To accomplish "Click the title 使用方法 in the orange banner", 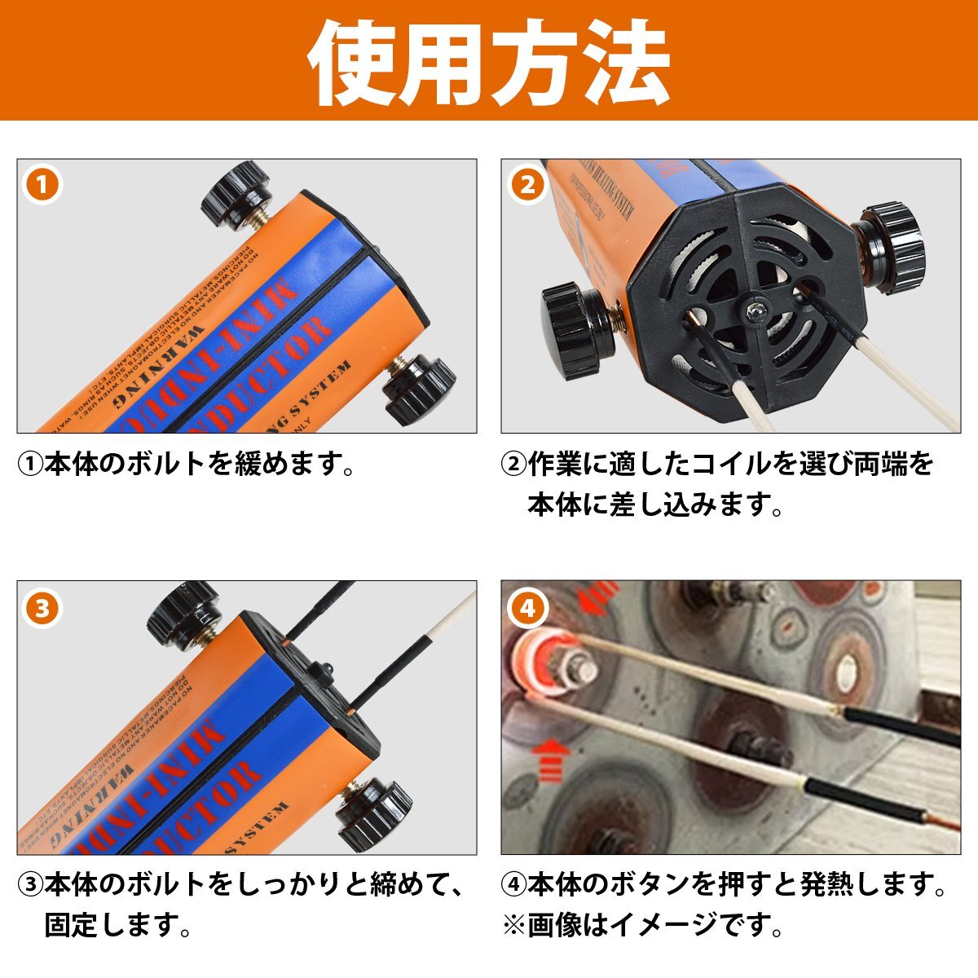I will [x=489, y=61].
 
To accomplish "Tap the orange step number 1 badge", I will [x=42, y=184].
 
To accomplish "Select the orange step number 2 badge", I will [x=527, y=185].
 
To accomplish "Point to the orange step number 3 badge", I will [x=42, y=607].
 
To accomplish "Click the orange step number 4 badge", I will [x=527, y=607].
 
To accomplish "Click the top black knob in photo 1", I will [x=236, y=193].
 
